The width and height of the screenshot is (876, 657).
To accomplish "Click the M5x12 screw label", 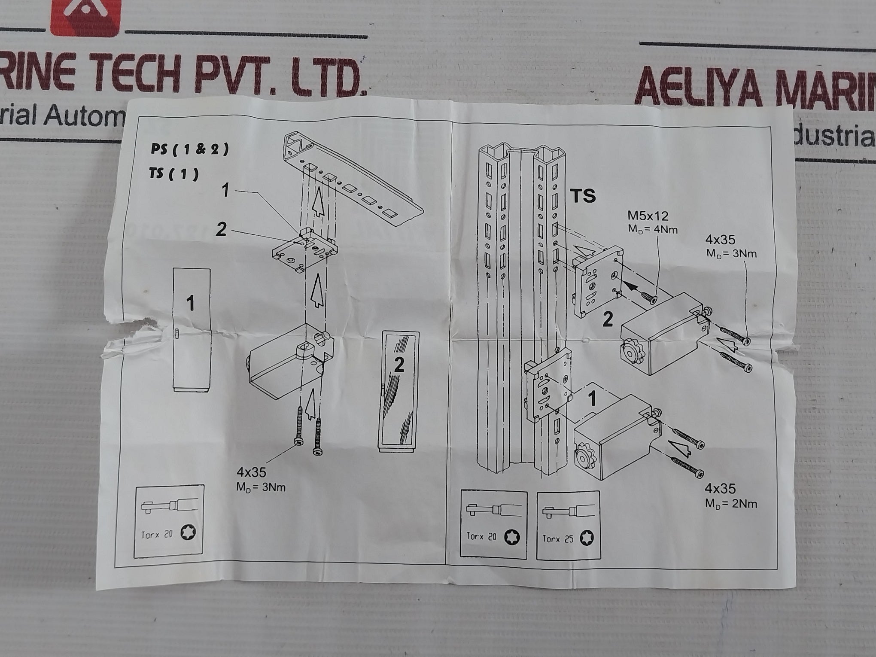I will pyautogui.click(x=648, y=216).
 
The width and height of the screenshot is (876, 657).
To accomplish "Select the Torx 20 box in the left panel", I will pyautogui.click(x=169, y=521).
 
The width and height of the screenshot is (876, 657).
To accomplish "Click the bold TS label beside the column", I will pyautogui.click(x=583, y=196).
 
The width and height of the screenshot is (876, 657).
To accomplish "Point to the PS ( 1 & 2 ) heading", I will pyautogui.click(x=189, y=149).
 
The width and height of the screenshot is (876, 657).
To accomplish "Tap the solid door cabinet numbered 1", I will pyautogui.click(x=192, y=330).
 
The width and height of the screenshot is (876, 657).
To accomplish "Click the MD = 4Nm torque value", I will pyautogui.click(x=653, y=229).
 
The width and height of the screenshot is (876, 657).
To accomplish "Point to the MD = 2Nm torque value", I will pyautogui.click(x=731, y=504).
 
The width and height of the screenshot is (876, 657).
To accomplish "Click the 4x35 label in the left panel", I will pyautogui.click(x=251, y=473).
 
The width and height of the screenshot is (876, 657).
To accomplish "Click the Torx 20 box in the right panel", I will pyautogui.click(x=493, y=525).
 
